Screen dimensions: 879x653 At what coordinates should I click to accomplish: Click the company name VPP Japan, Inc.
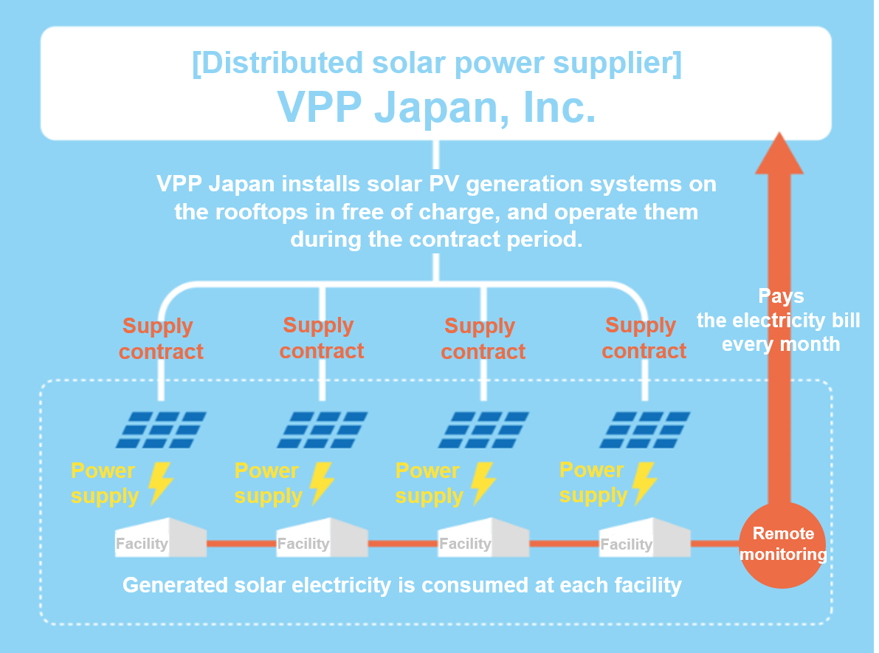[x=436, y=106]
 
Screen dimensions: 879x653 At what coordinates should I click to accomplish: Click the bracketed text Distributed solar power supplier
[x=437, y=62]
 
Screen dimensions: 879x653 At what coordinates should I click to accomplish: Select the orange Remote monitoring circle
[x=782, y=544]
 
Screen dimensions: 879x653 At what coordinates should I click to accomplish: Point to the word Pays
[x=781, y=295]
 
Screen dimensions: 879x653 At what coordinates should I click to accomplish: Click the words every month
[x=781, y=344]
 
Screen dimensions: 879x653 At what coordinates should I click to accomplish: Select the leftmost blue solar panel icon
[x=161, y=430]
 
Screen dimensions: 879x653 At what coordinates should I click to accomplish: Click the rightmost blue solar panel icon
[x=645, y=430]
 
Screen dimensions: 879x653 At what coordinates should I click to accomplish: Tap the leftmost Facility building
[x=160, y=538]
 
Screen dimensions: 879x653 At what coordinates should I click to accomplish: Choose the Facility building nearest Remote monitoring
[x=645, y=538]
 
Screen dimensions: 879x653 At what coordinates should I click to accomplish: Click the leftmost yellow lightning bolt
[x=160, y=482]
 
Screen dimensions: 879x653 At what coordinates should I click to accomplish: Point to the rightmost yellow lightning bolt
[x=644, y=482]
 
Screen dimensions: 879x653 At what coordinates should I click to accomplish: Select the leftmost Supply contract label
[x=161, y=339]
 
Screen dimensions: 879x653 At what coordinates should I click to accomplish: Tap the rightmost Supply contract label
[x=644, y=338]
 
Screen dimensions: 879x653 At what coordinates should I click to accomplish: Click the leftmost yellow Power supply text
[x=104, y=484]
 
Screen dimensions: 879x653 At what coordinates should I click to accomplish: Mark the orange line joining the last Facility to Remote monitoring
[x=715, y=543]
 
